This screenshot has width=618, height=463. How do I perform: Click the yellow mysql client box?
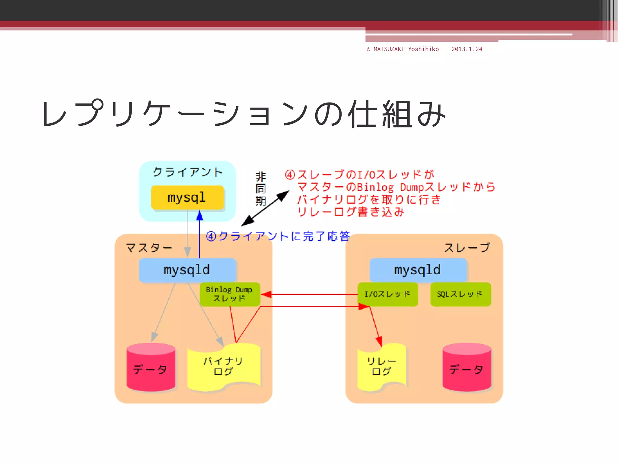(187, 197)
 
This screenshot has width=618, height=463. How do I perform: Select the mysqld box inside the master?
(187, 270)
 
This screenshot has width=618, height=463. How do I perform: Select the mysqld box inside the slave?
(418, 270)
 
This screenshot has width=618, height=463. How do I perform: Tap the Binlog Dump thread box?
(229, 294)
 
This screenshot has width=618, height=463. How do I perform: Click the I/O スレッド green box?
(387, 294)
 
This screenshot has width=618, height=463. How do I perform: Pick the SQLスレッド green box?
(460, 294)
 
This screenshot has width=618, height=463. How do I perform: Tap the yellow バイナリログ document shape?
(223, 366)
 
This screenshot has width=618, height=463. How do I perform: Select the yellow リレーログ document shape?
(381, 366)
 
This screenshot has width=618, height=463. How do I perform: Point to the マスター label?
(149, 248)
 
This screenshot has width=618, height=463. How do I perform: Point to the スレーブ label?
(467, 248)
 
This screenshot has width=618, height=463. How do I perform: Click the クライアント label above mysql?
(188, 172)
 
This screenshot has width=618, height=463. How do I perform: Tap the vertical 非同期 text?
(261, 189)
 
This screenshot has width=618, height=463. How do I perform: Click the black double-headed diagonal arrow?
(265, 208)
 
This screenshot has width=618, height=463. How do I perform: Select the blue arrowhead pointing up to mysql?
(199, 215)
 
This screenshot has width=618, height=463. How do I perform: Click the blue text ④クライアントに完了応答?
(278, 236)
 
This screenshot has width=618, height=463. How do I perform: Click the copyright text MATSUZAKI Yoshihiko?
(403, 49)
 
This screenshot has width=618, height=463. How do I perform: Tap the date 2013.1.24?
(467, 49)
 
